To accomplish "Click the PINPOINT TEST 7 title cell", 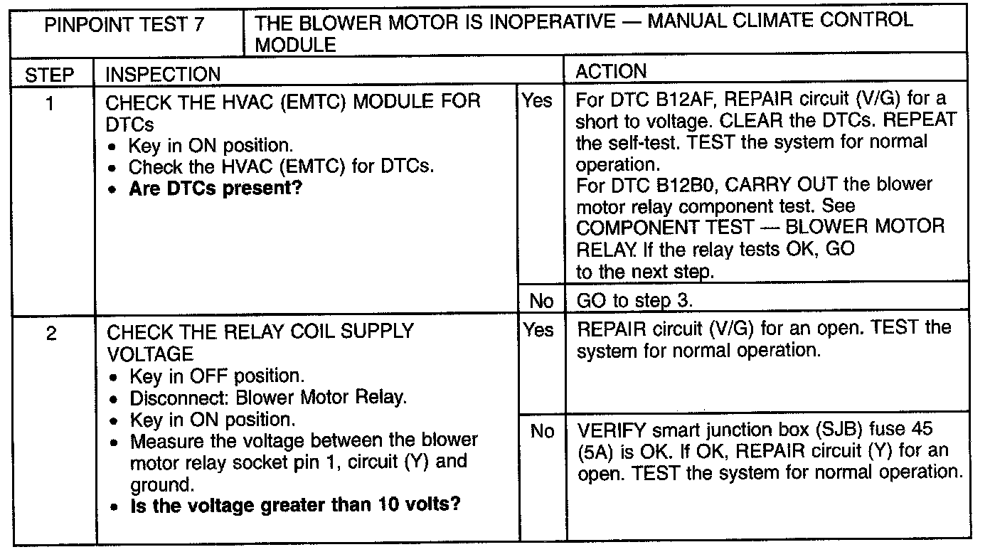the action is coord(124,26).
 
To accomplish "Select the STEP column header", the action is coord(49,74).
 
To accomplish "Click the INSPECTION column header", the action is coord(163,74).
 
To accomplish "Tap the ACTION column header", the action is coord(611,72).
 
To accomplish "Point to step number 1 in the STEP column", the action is coord(49,104).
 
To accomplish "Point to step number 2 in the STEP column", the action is coord(50,333).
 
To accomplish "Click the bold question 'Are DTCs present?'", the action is coord(215,189).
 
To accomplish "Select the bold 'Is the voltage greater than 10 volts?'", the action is coord(295,506).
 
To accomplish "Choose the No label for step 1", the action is coord(541,301).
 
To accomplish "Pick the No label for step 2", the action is coord(542,431).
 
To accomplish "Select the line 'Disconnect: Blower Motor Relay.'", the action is coord(268,397).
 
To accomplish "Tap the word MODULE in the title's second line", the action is coord(295,46).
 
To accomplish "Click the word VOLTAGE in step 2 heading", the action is coord(149,354).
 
